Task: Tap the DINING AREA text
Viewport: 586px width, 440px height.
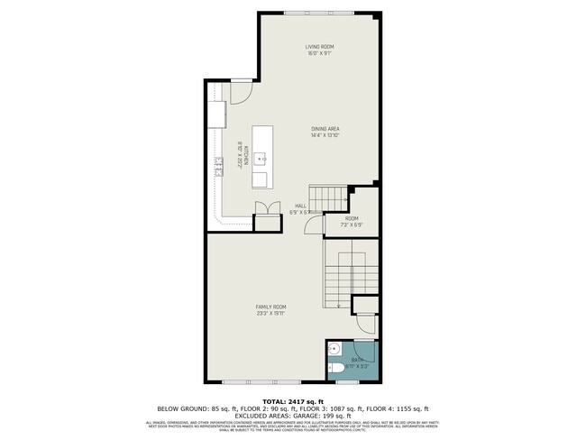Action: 325,129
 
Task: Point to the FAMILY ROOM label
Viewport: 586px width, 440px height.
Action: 270,307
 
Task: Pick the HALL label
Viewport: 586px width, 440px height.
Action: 300,206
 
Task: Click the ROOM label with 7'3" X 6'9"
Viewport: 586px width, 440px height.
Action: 352,219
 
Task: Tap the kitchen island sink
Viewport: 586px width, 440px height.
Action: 261,159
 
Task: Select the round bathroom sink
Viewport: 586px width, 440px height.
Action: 334,350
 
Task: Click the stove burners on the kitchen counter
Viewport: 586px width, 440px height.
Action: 218,164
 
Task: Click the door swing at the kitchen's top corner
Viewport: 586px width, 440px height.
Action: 241,91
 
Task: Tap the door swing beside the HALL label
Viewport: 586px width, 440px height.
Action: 310,225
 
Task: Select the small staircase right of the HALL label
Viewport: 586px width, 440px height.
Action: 328,195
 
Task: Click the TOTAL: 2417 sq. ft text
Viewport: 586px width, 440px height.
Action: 292,400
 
